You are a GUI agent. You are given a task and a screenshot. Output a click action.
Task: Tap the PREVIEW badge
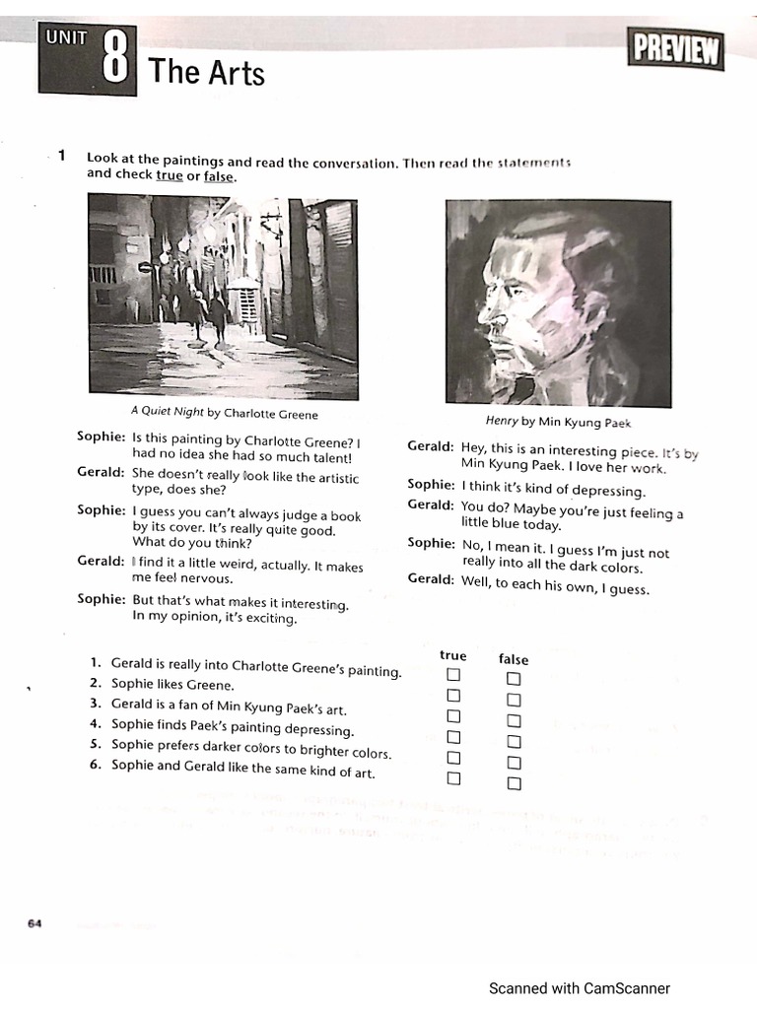pos(676,49)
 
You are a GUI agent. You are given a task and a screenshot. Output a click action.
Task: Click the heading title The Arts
pos(206,72)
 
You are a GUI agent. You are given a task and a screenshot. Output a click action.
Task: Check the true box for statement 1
pos(453,675)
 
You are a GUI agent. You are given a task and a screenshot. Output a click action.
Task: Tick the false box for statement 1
pos(514,679)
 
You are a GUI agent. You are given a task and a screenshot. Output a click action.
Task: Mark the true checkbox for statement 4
pos(453,737)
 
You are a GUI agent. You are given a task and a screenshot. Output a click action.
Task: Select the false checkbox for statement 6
pos(514,783)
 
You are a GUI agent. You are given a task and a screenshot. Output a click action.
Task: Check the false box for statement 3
pos(514,720)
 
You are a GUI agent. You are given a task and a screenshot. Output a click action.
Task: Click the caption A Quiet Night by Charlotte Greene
pos(224,414)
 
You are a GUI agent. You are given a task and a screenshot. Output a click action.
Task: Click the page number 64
pos(34,923)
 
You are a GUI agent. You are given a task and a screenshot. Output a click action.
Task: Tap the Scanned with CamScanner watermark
pos(580,988)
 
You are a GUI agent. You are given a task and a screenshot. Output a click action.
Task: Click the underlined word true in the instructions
pos(170,175)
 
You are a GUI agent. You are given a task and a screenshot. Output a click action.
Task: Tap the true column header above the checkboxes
pos(453,655)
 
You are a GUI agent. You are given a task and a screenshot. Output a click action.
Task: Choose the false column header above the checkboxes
pos(514,659)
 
